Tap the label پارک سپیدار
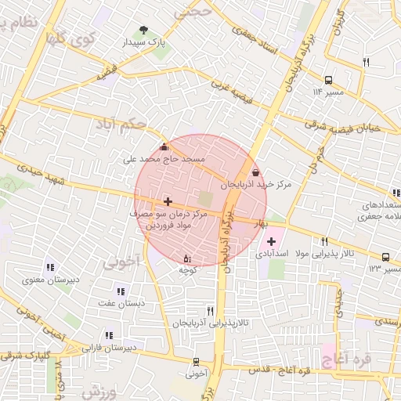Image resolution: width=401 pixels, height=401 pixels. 143,43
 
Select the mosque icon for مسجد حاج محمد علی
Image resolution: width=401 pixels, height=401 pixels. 163,146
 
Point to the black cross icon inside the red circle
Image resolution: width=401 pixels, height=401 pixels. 168,201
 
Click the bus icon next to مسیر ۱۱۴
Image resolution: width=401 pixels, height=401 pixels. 327,79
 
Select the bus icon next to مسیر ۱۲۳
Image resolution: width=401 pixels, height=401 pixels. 385,256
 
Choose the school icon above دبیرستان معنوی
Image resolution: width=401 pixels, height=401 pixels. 50,268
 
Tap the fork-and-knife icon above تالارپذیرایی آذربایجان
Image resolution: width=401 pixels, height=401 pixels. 210,311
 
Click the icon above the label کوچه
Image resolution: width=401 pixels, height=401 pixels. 186,258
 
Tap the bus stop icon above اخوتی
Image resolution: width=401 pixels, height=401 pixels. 196,361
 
